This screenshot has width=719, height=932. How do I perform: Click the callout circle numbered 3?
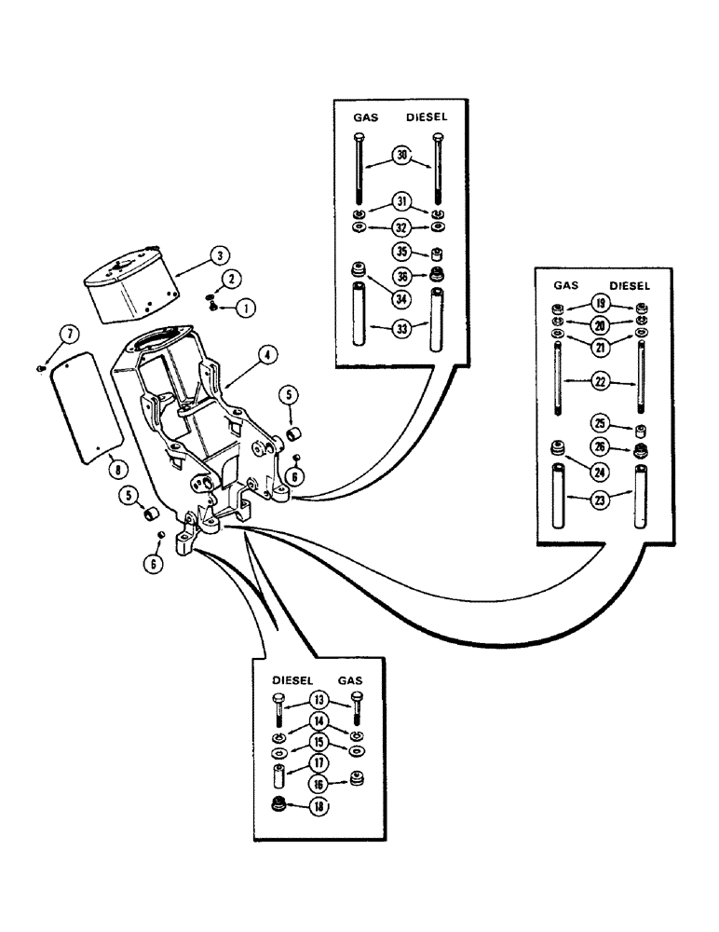pyautogui.click(x=218, y=254)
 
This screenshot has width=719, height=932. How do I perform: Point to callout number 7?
pyautogui.click(x=67, y=334)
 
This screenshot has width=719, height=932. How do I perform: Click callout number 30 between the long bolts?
pyautogui.click(x=401, y=158)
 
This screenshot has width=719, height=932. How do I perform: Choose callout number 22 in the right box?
pyautogui.click(x=596, y=379)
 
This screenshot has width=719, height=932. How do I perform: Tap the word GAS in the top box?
pyautogui.click(x=365, y=119)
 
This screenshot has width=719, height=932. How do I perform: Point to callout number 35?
pyautogui.click(x=400, y=251)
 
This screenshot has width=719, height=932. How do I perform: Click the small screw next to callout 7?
pyautogui.click(x=42, y=368)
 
